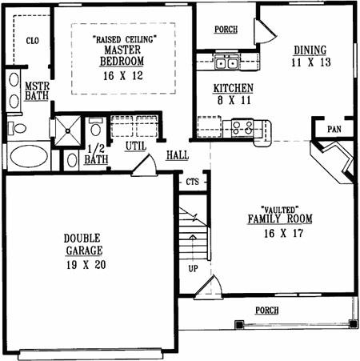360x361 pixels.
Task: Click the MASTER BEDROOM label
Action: pyautogui.click(x=122, y=55)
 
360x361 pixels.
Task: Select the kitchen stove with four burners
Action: pyautogui.click(x=242, y=127)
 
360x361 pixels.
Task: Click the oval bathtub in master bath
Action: pyautogui.click(x=29, y=156)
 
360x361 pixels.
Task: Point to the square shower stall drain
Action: pyautogui.click(x=68, y=130)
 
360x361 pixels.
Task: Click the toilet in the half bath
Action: pyautogui.click(x=95, y=127)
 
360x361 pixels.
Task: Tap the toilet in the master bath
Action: pyautogui.click(x=17, y=128)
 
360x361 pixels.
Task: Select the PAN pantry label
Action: pyautogui.click(x=334, y=129)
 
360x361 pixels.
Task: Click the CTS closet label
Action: pyautogui.click(x=193, y=182)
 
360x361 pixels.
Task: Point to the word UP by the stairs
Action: pyautogui.click(x=193, y=268)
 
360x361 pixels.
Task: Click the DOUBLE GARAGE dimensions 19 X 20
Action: pyautogui.click(x=86, y=265)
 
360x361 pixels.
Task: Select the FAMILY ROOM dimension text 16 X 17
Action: pyautogui.click(x=283, y=233)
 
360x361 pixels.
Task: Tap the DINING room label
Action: pyautogui.click(x=310, y=50)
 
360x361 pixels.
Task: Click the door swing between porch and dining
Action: pyautogui.click(x=266, y=31)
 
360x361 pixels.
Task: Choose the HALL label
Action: pyautogui.click(x=178, y=155)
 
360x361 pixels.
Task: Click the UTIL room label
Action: pyautogui.click(x=136, y=146)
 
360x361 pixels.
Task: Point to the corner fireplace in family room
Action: pyautogui.click(x=333, y=162)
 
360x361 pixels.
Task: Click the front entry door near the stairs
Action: pyautogui.click(x=208, y=287)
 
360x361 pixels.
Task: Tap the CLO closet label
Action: pyautogui.click(x=33, y=41)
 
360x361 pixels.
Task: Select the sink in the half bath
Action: pyautogui.click(x=72, y=160)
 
